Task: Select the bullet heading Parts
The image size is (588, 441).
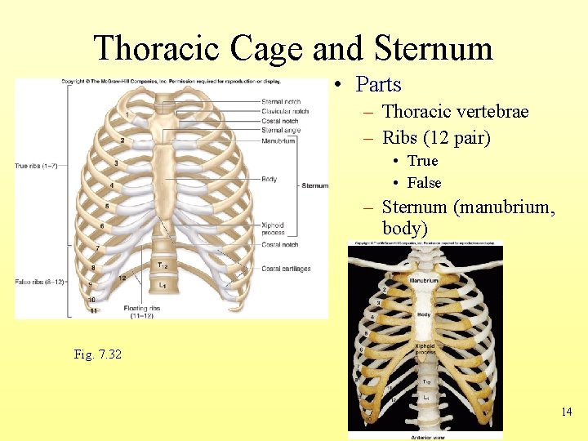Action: [x=379, y=84]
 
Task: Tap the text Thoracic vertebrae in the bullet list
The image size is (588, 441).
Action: [x=455, y=111]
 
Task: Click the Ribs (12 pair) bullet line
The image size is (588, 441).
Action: [x=436, y=138]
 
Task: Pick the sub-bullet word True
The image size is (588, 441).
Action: [x=422, y=161]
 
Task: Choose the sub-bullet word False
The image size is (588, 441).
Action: [x=424, y=183]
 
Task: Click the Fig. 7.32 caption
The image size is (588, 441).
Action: [x=97, y=354]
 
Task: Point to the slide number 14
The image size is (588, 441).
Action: [x=566, y=412]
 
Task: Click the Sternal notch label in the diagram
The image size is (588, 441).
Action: [x=280, y=101]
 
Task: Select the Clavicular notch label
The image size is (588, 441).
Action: [x=284, y=111]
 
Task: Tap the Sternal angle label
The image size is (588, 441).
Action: [x=280, y=131]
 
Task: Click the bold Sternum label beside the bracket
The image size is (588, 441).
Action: [x=314, y=185]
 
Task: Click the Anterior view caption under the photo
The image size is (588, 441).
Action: [x=425, y=436]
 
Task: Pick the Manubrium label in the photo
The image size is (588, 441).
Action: [x=424, y=280]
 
